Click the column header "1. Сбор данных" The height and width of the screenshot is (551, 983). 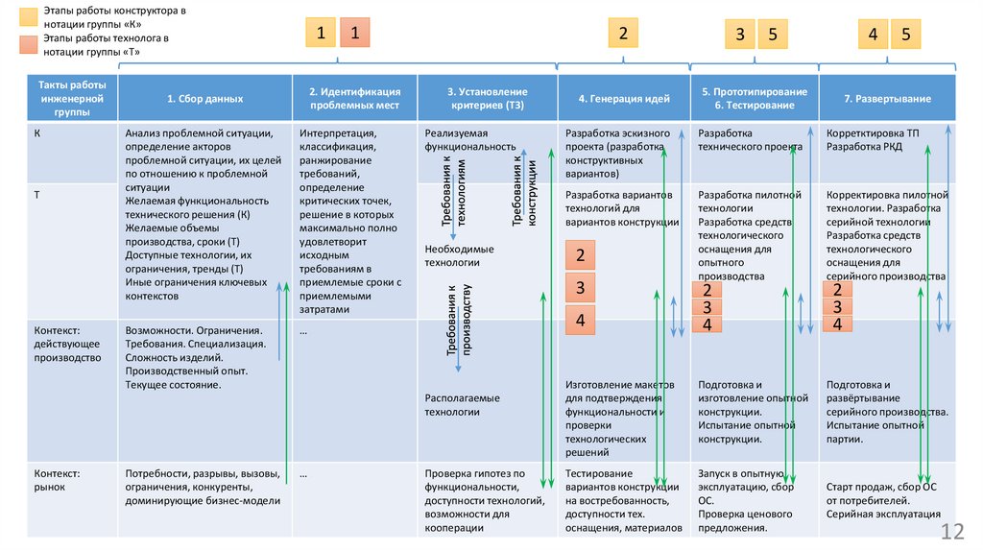click(205, 99)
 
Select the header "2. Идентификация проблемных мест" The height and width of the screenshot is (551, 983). click(355, 99)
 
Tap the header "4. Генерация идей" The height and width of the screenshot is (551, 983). click(624, 99)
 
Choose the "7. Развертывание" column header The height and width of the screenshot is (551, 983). click(887, 99)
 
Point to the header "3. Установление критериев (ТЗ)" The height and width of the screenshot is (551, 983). click(487, 99)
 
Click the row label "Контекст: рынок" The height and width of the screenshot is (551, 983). click(57, 480)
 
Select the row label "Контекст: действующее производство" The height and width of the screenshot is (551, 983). click(67, 345)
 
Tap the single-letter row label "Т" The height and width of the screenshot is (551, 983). click(37, 195)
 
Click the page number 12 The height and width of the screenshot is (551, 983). click(952, 532)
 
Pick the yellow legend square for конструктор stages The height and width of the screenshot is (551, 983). click(28, 17)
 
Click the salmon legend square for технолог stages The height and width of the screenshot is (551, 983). click(28, 44)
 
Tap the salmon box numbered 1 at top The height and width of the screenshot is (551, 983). click(355, 33)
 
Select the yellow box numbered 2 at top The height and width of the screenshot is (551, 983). click(623, 34)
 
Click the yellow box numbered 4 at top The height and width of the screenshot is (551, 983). click(873, 34)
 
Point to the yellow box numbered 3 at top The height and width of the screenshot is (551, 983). click(740, 34)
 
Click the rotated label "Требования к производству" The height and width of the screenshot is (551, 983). click(460, 320)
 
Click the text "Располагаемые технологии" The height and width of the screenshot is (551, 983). click(462, 405)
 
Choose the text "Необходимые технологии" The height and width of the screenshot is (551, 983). click(459, 255)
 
